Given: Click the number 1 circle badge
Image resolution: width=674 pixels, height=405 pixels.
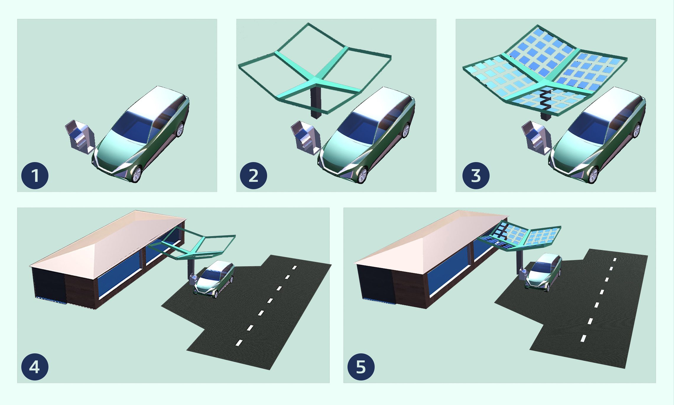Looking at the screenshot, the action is point(35,176).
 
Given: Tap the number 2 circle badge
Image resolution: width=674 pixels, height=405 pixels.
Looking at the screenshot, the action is point(254,176).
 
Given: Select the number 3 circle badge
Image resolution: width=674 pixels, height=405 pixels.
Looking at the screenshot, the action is point(476,176).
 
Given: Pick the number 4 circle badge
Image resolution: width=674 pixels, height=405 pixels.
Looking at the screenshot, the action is point(35,367).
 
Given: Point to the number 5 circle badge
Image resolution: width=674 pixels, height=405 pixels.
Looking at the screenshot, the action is point(361,367).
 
